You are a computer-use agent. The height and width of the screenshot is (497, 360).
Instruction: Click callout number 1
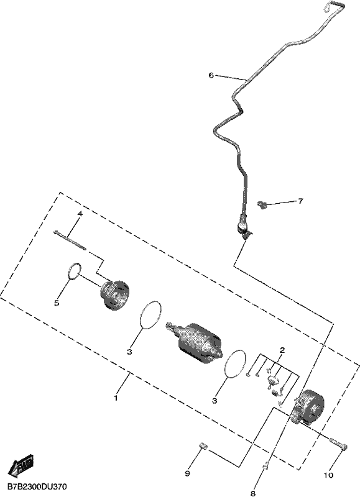tap(116, 398)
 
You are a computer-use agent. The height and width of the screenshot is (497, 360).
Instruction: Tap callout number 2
tap(282, 350)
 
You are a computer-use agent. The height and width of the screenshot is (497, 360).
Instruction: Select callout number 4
tap(80, 214)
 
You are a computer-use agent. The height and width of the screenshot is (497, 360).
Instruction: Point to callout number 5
tap(57, 303)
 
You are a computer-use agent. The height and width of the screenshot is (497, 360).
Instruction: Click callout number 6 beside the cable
tap(211, 75)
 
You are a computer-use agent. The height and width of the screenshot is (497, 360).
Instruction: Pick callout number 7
tap(300, 201)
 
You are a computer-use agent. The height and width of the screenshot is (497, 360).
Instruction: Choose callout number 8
tap(253, 493)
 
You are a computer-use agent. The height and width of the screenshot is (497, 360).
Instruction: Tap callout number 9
tap(187, 473)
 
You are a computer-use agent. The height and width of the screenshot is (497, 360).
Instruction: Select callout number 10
tap(329, 475)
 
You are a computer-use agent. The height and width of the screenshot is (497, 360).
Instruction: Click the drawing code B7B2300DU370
tap(37, 486)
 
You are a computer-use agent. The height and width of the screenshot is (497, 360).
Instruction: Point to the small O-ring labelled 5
tap(75, 271)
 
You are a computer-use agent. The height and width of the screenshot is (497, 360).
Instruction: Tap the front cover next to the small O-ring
tap(115, 294)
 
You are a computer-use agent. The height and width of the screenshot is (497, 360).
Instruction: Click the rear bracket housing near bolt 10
tap(308, 408)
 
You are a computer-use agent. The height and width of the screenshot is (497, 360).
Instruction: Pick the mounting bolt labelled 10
tap(339, 444)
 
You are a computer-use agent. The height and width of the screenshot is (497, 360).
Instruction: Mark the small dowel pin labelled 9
tap(203, 447)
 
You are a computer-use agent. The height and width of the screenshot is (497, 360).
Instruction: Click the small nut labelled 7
tap(261, 205)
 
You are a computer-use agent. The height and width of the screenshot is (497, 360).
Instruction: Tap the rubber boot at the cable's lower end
tap(243, 224)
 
